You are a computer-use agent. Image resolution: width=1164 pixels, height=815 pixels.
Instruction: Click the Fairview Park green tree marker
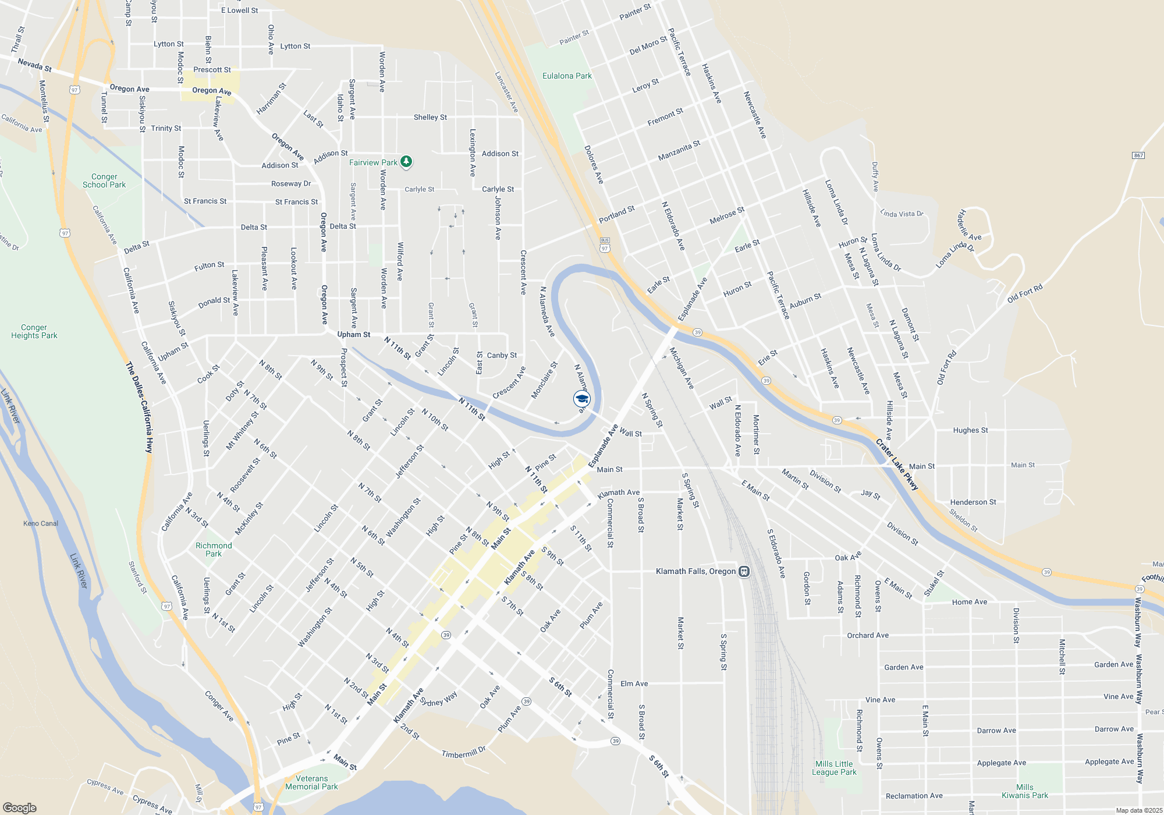406,161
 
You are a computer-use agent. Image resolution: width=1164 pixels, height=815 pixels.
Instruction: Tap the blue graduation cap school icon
581,399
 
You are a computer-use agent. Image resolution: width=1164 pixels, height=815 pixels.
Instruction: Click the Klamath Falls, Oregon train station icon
744,571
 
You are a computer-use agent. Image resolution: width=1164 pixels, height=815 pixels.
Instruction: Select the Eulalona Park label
567,76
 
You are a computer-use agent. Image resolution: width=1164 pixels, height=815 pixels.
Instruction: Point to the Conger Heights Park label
34,331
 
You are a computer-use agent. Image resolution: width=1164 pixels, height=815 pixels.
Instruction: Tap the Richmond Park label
214,550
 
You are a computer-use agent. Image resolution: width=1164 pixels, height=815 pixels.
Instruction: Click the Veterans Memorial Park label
311,782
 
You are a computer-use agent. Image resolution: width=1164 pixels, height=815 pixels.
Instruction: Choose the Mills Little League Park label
834,768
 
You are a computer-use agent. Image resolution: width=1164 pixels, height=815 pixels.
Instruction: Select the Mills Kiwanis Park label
1024,791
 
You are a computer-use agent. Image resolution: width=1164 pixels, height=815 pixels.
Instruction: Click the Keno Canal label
41,523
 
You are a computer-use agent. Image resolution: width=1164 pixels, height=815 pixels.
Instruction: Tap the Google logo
20,808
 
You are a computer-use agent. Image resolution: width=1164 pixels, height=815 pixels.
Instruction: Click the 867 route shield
1138,155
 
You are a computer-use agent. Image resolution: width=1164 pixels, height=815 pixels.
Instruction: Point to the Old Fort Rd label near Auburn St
1025,293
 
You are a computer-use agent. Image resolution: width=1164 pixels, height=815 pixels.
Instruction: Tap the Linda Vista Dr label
902,214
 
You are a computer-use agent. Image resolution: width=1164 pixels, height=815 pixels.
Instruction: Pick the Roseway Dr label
291,183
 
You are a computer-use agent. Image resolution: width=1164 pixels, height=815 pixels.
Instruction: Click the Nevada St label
34,65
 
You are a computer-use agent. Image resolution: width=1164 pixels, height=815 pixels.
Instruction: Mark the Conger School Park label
104,180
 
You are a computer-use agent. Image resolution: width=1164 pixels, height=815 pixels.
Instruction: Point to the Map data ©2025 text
1139,810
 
